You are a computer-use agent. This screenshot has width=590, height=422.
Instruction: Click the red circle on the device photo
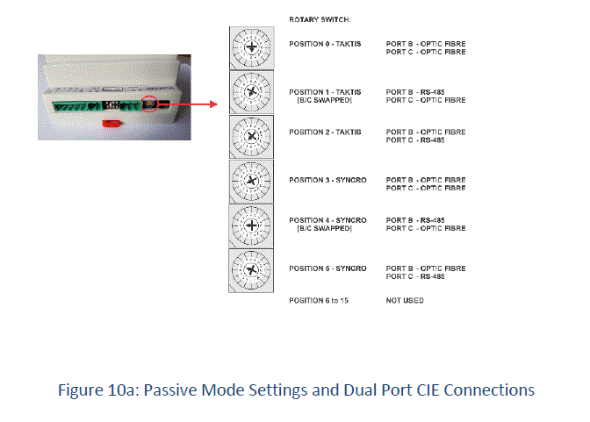(150, 104)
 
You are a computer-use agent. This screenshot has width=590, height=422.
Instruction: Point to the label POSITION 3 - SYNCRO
(327, 180)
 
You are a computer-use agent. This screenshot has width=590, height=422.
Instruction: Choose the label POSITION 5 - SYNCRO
(327, 268)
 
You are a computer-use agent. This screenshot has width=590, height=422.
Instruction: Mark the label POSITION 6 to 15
(320, 301)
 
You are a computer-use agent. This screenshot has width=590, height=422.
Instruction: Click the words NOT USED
(405, 301)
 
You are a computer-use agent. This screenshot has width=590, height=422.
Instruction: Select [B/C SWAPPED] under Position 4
(325, 228)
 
